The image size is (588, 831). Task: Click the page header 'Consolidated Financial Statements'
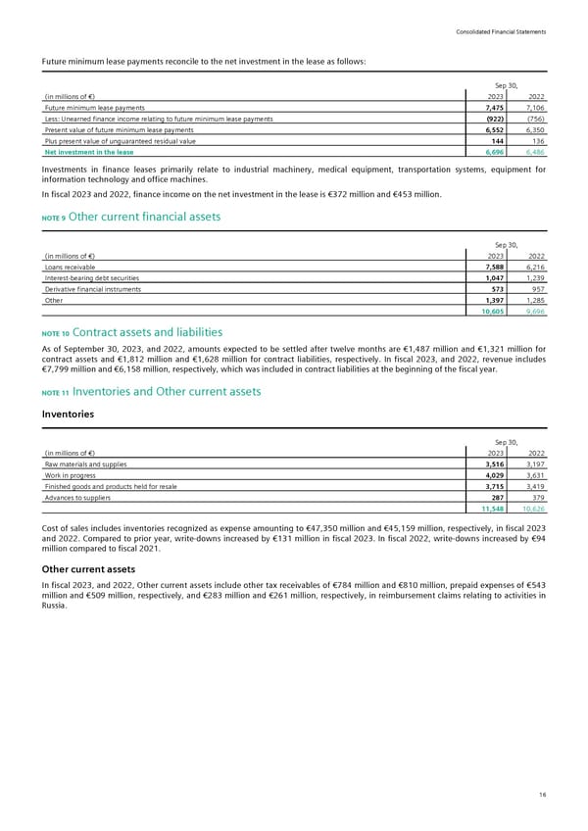(x=500, y=33)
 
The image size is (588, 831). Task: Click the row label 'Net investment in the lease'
(x=89, y=152)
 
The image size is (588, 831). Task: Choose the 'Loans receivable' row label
(x=71, y=266)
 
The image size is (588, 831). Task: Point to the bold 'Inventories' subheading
(x=69, y=414)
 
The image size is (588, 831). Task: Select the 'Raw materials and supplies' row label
(x=85, y=464)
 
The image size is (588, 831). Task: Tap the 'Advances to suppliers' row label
(x=78, y=499)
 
